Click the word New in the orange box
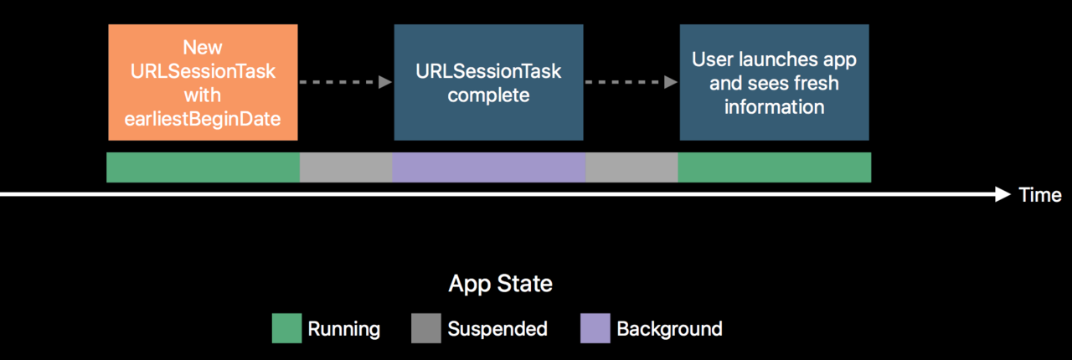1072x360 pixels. point(203,48)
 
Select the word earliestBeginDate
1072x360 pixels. point(203,119)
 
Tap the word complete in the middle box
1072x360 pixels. point(488,95)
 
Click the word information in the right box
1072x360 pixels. point(775,107)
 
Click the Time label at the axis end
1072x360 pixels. point(1040,195)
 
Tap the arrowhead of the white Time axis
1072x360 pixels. point(1002,194)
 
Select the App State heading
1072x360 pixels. point(501,284)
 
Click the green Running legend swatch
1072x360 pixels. point(286,328)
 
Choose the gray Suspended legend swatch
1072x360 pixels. point(426,328)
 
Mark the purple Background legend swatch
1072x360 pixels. point(595,328)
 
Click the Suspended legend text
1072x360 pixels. point(497,329)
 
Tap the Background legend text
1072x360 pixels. point(669,329)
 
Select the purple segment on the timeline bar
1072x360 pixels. point(488,167)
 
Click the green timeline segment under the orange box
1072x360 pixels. point(203,167)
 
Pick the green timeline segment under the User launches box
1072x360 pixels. point(775,167)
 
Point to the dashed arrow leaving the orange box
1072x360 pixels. point(346,82)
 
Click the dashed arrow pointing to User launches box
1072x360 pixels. point(631,82)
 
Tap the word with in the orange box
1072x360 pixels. point(203,95)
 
